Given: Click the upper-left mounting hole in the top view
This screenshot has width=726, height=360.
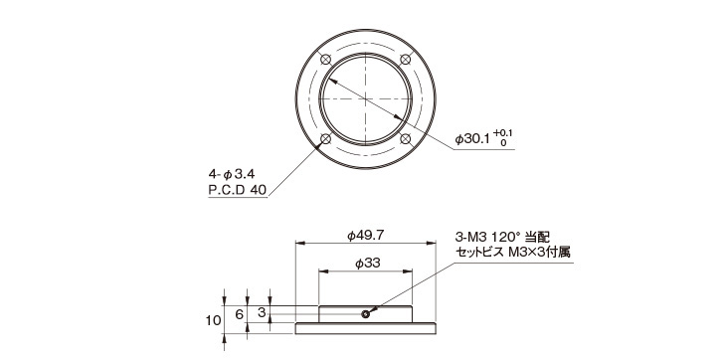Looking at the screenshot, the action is coord(325,60).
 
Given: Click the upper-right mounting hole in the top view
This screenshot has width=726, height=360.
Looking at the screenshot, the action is coord(406,60).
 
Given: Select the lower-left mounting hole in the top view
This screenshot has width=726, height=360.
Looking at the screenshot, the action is coord(325,139).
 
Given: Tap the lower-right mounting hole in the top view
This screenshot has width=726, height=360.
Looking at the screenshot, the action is coord(406,139).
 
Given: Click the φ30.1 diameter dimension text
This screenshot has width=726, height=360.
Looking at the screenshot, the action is coord(471,139).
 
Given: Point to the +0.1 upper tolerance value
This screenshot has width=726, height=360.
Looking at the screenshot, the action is coord(503,133).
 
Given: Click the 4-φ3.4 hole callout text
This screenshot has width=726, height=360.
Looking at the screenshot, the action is coord(232,174).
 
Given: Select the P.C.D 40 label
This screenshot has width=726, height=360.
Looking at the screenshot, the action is coord(238,189).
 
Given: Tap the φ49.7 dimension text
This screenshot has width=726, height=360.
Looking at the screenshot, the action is coord(365,236).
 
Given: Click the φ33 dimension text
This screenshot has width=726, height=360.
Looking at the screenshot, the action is coord(367,264).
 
